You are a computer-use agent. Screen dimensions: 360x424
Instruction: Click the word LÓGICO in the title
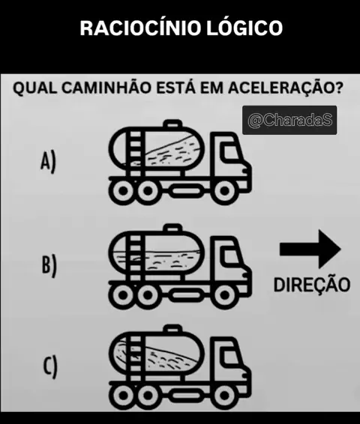click(244, 27)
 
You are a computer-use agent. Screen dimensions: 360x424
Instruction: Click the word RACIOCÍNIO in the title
click(140, 27)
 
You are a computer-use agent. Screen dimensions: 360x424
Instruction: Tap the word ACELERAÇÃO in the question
click(286, 88)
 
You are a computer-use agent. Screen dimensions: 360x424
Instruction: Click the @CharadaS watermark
click(289, 120)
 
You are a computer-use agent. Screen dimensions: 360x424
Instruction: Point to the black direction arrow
click(310, 249)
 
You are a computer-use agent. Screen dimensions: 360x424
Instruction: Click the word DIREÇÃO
click(312, 285)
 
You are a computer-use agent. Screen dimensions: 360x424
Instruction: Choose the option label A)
click(49, 161)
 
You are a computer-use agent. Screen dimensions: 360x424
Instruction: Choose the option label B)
click(49, 266)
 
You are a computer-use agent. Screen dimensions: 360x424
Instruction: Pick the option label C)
click(50, 367)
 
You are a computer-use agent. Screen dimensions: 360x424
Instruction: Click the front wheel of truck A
click(224, 190)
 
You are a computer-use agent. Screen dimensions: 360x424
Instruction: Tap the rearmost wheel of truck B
click(124, 294)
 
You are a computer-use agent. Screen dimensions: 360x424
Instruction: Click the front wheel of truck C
click(224, 396)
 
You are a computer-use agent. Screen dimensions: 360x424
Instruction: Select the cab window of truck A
click(230, 152)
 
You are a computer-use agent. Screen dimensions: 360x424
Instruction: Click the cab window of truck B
click(230, 256)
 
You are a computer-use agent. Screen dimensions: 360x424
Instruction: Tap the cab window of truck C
click(230, 357)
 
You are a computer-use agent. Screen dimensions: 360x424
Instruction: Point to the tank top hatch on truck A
click(172, 124)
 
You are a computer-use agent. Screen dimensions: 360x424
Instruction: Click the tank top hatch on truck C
click(172, 329)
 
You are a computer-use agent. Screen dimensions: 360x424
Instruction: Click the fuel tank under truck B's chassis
click(187, 294)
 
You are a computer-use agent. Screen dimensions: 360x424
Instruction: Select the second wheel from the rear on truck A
click(148, 190)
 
